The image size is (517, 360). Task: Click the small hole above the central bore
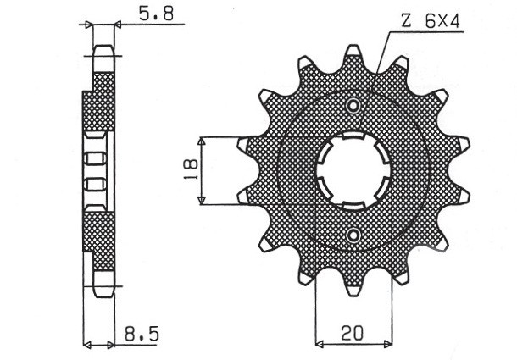(x=353, y=106)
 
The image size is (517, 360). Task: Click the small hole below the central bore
(x=353, y=234)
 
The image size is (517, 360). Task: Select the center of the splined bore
(x=353, y=170)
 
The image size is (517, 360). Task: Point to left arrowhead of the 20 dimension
(x=320, y=344)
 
